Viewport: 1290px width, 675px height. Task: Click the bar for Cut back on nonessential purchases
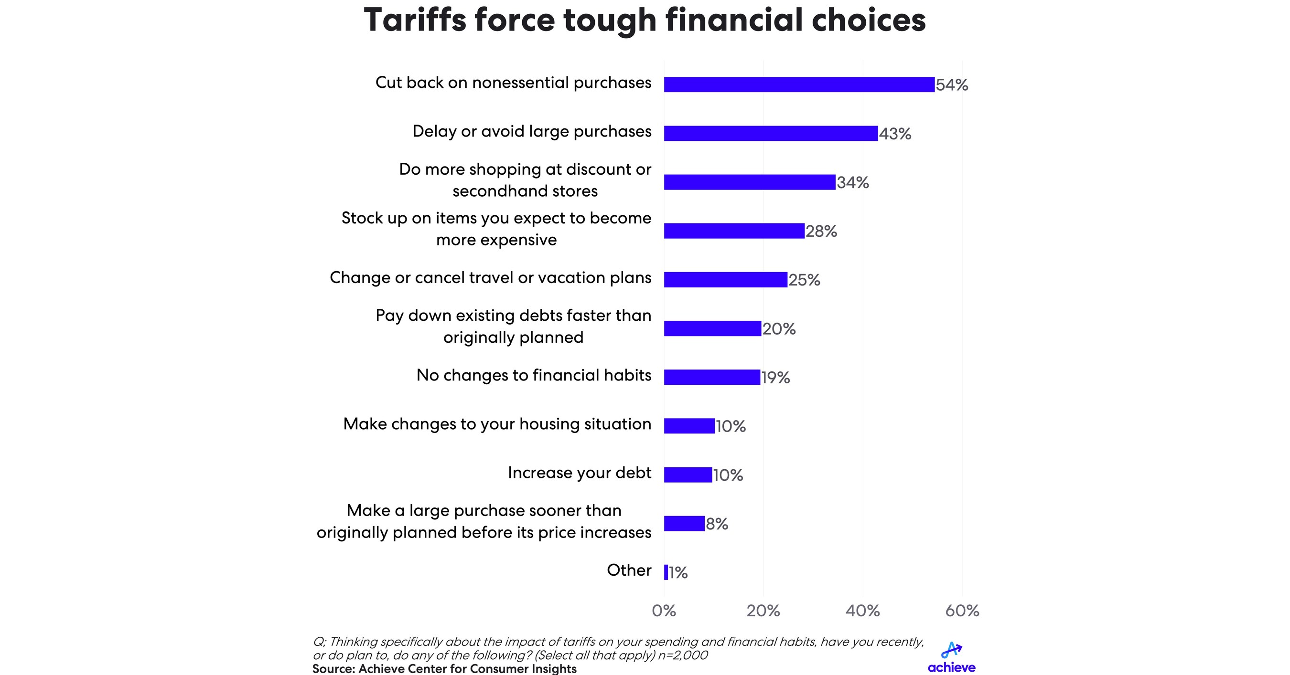point(799,84)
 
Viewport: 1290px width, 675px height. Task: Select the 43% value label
point(895,134)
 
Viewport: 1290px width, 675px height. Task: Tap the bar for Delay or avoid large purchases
point(771,134)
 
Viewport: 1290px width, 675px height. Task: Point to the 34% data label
point(852,183)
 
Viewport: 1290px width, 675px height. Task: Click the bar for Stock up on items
point(734,231)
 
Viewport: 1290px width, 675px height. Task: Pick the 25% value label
point(804,280)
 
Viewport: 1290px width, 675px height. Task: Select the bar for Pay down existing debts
point(712,329)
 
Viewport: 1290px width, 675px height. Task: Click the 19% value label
point(776,378)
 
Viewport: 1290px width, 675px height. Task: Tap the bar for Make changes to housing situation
point(689,426)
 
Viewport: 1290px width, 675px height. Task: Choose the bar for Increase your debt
point(688,475)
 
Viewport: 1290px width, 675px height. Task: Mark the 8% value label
point(717,524)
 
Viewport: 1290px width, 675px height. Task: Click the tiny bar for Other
point(666,572)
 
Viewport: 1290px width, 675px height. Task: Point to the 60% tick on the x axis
point(962,611)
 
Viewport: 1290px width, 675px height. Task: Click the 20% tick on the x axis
point(763,611)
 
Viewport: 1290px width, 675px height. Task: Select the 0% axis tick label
point(664,611)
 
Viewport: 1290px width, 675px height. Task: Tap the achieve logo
point(951,657)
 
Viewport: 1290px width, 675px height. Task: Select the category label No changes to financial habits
point(534,375)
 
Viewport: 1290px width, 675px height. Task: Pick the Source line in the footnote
point(444,669)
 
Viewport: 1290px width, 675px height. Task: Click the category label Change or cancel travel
point(490,278)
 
